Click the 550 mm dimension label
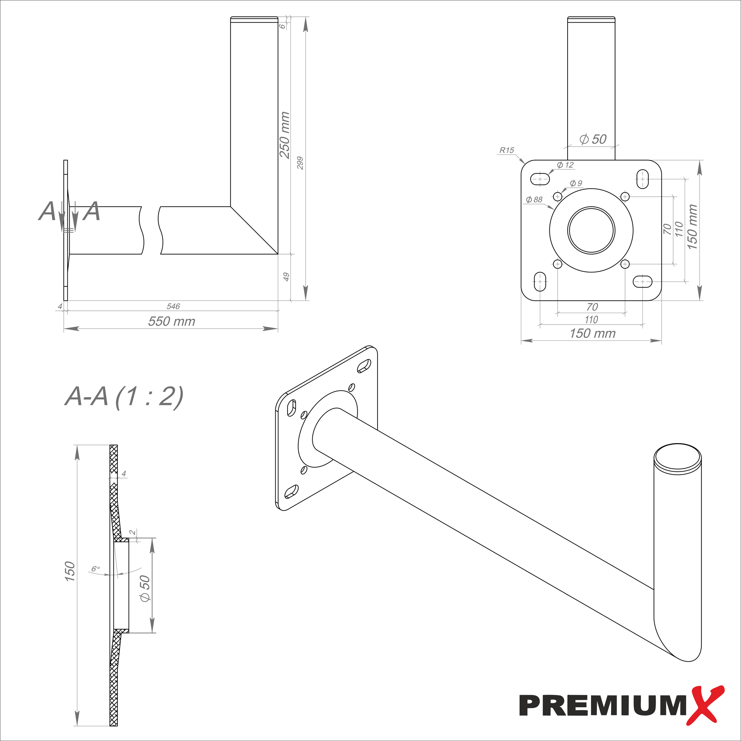(172, 321)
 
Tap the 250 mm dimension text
(285, 135)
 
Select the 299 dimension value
(300, 163)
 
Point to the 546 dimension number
(173, 306)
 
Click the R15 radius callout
(506, 150)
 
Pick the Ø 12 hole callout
(565, 165)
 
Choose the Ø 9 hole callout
(576, 183)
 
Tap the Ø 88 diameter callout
(534, 199)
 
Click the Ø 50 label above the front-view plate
(593, 139)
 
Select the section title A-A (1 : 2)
(124, 396)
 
